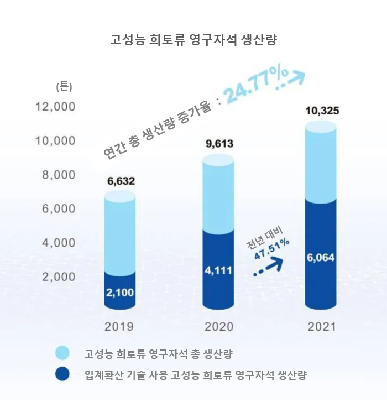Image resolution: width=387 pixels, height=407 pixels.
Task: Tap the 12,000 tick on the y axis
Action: click(55, 106)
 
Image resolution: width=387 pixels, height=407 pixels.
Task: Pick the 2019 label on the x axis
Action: click(119, 326)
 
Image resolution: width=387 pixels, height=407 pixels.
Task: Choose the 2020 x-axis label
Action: click(219, 326)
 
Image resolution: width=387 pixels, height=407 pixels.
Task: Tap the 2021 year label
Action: click(321, 326)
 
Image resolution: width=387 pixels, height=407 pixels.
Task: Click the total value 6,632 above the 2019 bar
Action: click(119, 181)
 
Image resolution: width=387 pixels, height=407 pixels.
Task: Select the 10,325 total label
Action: click(321, 112)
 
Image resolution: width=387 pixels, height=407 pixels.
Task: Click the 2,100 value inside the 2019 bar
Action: click(119, 292)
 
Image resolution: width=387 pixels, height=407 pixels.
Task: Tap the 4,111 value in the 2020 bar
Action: click(219, 270)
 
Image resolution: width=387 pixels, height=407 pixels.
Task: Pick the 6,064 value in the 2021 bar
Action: click(321, 257)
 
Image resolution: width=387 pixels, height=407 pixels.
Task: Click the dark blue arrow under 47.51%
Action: click(268, 268)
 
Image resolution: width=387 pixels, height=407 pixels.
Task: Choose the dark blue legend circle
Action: click(62, 374)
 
